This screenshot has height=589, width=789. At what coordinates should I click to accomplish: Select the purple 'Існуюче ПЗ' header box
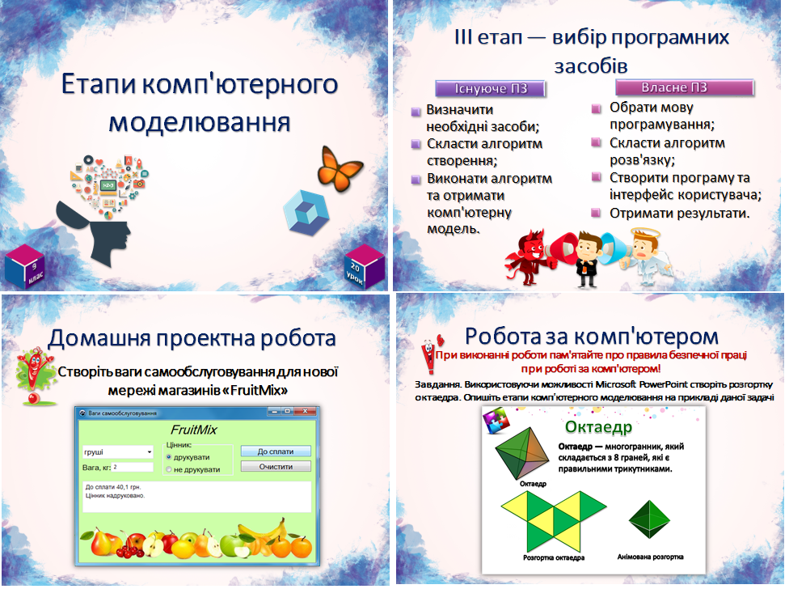(x=491, y=88)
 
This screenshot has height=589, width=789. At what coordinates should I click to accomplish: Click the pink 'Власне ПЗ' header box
(x=685, y=87)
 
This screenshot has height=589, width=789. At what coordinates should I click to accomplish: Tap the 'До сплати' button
(x=276, y=451)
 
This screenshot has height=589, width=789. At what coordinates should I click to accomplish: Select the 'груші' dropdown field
(x=117, y=451)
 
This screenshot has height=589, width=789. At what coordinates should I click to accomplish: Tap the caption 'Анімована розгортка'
(x=650, y=557)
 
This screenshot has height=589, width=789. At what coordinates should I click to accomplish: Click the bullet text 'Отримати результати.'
(x=679, y=214)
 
